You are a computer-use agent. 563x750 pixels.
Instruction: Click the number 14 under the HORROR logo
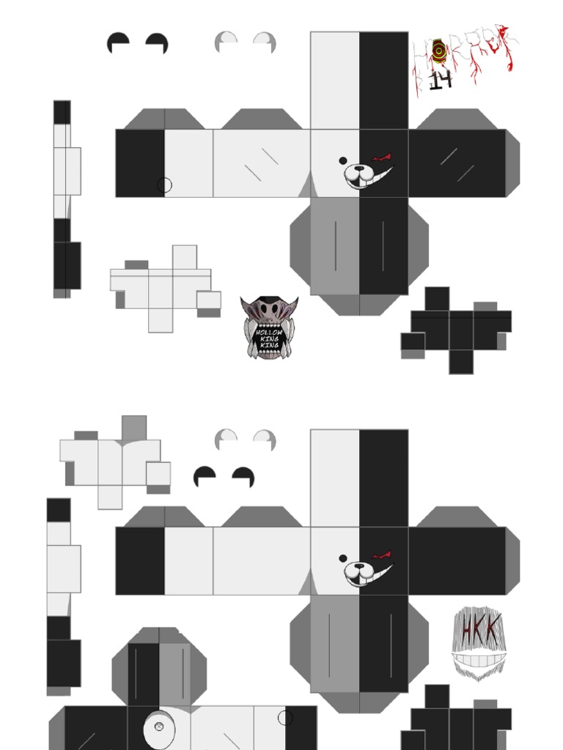(x=440, y=80)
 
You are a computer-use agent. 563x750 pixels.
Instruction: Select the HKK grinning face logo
(x=480, y=643)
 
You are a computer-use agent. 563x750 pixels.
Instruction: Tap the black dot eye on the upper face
(x=342, y=160)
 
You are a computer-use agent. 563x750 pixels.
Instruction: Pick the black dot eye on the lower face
(x=342, y=558)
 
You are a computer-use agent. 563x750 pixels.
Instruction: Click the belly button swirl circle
(x=159, y=727)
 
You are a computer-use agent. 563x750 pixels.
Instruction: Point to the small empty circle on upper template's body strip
(x=164, y=185)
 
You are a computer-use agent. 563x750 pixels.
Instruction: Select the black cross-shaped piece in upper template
(x=455, y=327)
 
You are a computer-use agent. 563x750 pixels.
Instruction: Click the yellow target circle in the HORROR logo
(x=439, y=51)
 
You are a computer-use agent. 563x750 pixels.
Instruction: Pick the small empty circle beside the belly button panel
(x=285, y=719)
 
